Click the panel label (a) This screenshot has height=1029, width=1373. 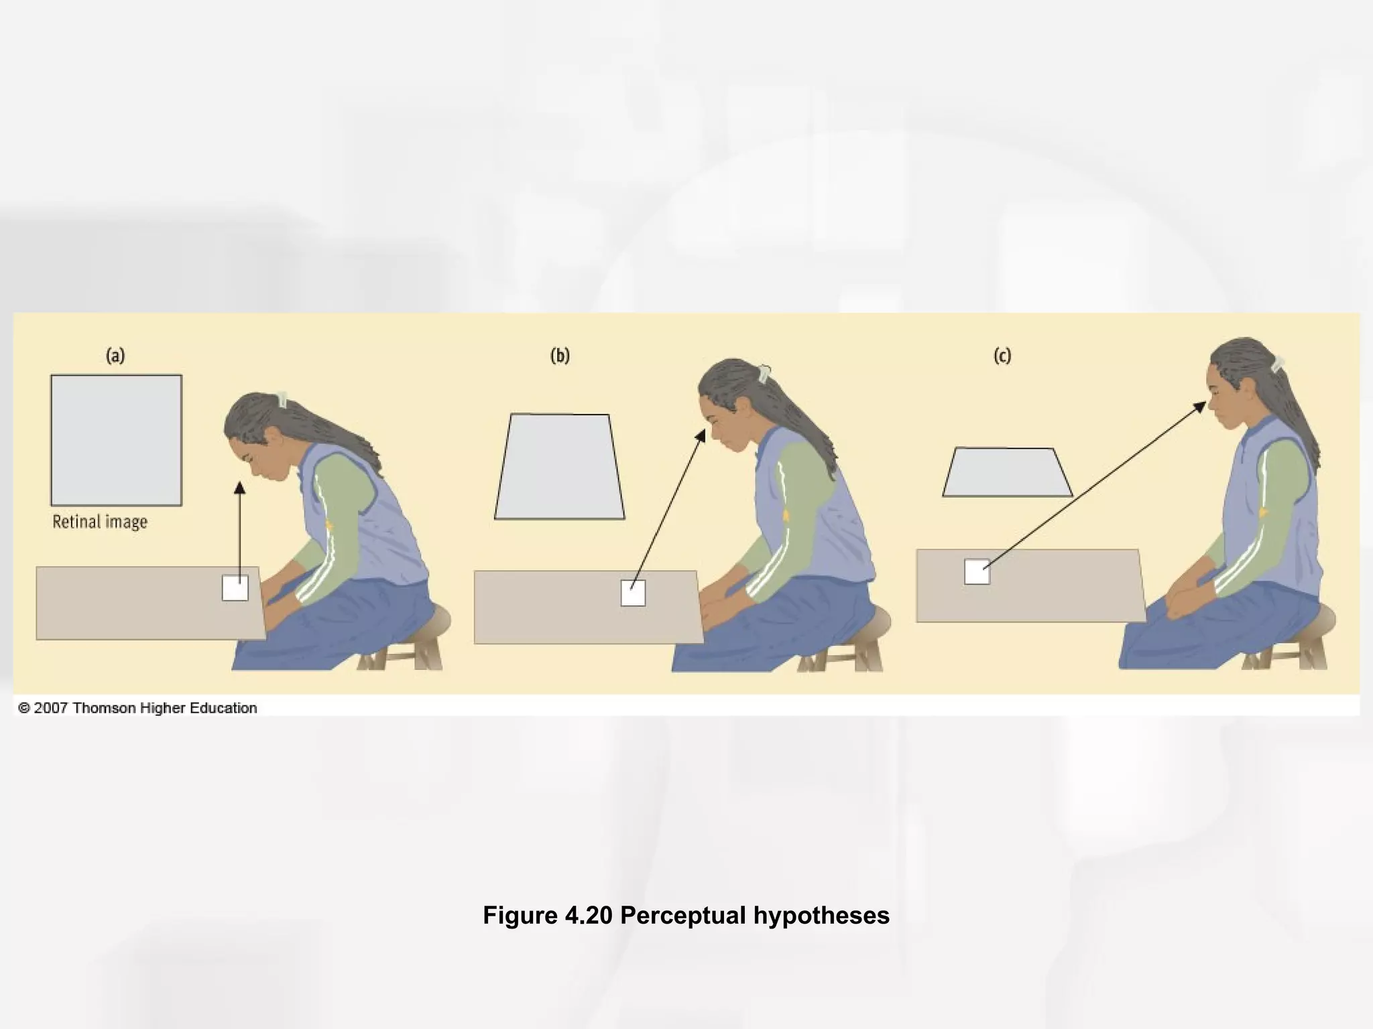pos(115,356)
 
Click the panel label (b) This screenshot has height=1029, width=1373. pos(560,356)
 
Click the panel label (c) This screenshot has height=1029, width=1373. pos(1002,356)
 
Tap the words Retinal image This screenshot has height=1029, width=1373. pos(100,522)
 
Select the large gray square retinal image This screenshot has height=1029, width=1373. pos(116,439)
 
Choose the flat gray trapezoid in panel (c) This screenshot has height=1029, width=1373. pos(1007,472)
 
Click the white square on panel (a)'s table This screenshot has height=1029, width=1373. pos(235,588)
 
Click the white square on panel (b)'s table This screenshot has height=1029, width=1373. pos(633,593)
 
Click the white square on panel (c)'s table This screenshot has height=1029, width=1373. pos(977,571)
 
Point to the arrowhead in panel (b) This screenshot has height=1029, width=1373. pos(701,436)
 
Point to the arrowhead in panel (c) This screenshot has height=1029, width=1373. pos(1200,406)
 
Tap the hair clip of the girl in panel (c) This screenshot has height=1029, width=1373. pos(1277,364)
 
